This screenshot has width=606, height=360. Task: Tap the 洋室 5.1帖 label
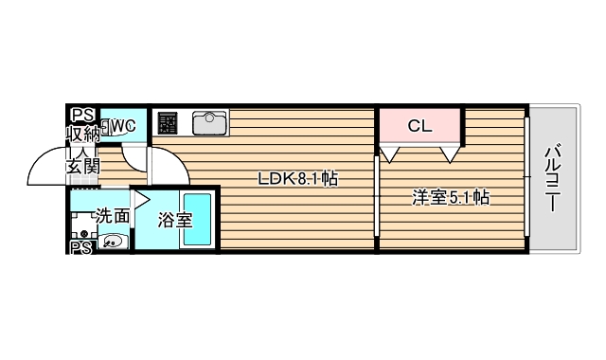coord(450,198)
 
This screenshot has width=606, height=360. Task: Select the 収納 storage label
coord(82,134)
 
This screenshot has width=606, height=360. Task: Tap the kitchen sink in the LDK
coord(209,123)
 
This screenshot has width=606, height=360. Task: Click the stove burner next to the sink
coord(168,123)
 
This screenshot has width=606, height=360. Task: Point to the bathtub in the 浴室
coord(198,219)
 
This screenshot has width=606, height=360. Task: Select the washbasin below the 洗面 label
coord(112,242)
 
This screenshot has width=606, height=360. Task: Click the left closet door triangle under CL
coord(390,152)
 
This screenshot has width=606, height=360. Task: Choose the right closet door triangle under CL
coord(451,152)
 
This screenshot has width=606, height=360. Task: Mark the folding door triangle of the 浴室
coord(141,199)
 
